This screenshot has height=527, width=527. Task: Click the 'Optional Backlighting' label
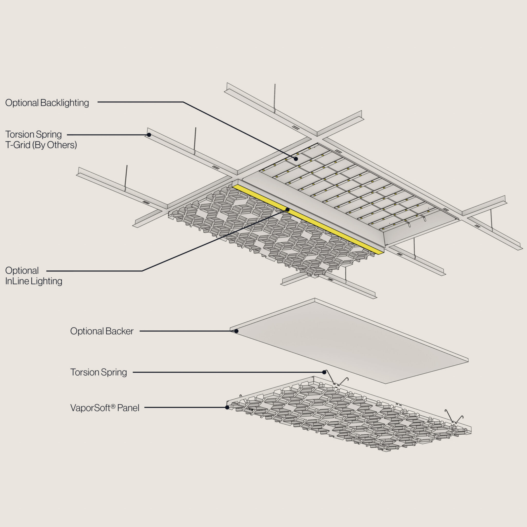coord(47,103)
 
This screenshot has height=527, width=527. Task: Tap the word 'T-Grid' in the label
coord(17,145)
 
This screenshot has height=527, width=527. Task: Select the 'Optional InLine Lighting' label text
coord(33,276)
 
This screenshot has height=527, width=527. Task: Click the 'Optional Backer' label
coord(102,331)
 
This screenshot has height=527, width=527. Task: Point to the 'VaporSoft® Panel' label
coord(105,408)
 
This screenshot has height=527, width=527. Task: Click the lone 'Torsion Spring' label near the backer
coord(99,372)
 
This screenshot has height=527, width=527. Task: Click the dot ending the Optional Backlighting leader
coord(296,159)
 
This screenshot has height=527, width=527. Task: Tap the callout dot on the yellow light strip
coord(287,209)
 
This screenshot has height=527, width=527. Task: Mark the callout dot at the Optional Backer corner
coord(236,331)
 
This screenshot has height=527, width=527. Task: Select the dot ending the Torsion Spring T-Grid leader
coord(149,135)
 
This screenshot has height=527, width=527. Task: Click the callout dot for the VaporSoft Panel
coord(227,408)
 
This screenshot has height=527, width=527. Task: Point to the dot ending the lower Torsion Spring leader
coord(324,372)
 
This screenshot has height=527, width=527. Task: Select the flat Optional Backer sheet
coord(349,341)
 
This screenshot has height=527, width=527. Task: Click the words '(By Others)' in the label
coord(55,145)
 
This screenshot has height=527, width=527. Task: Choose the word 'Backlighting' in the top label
coord(65,103)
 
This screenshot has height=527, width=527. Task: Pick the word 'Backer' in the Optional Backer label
coord(119,331)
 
